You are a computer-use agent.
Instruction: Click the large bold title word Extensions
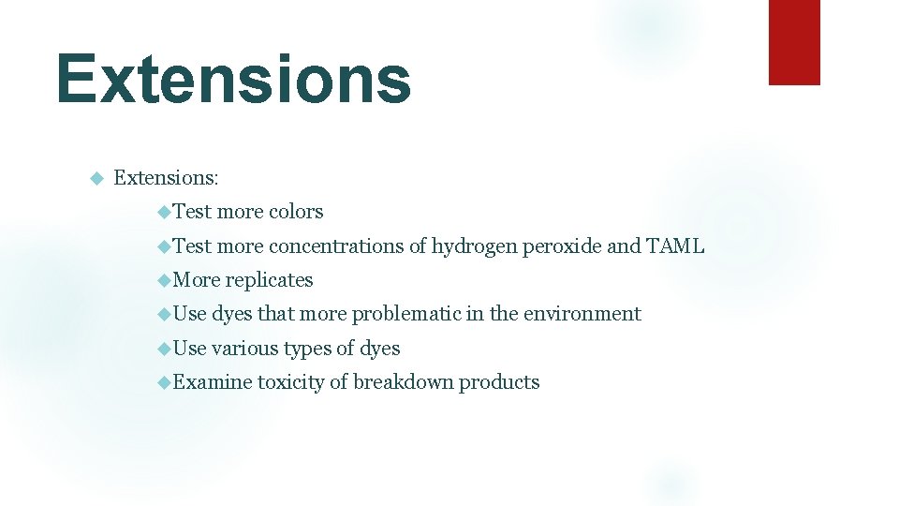click(233, 80)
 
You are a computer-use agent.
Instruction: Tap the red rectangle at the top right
click(793, 42)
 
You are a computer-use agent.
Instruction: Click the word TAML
click(675, 246)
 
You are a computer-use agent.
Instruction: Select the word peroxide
click(562, 246)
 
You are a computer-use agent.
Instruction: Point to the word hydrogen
click(474, 246)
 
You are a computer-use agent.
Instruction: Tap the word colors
click(296, 212)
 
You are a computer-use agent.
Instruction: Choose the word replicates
click(269, 280)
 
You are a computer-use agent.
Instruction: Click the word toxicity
click(292, 382)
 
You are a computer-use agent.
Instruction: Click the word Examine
click(213, 382)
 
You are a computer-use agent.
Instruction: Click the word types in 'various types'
click(306, 349)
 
